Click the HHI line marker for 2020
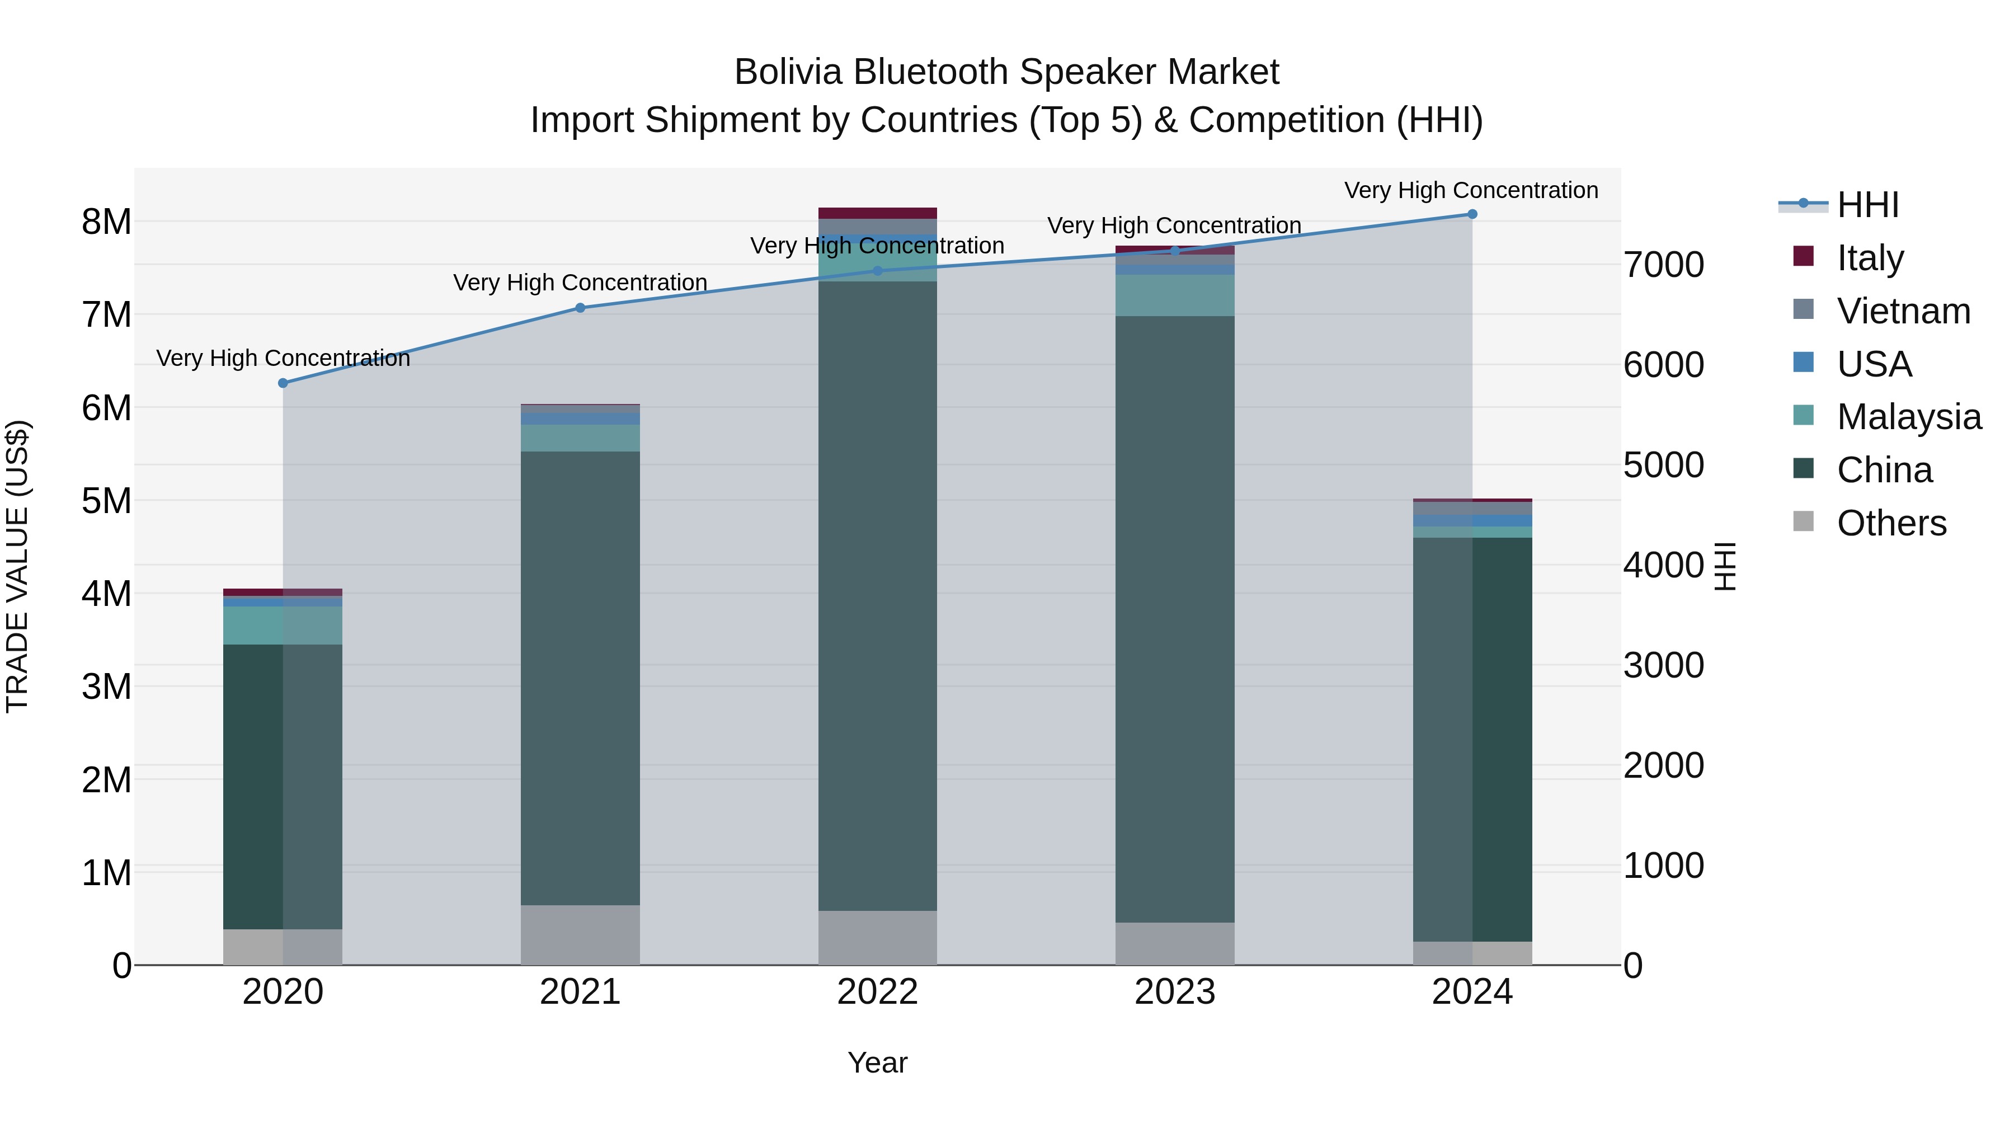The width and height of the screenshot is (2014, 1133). (x=283, y=383)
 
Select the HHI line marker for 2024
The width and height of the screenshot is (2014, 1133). (x=1472, y=214)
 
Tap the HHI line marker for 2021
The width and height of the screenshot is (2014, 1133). (x=580, y=308)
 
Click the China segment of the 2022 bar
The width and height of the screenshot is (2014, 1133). (x=877, y=594)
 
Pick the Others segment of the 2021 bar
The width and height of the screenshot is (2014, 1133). (x=580, y=934)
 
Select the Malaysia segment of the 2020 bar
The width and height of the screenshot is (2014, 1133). (x=283, y=625)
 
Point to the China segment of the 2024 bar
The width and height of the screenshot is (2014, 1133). (x=1472, y=739)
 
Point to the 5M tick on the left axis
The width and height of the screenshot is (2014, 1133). (x=106, y=501)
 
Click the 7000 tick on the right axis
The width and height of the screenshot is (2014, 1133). (x=1664, y=265)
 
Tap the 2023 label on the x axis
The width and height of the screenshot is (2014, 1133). (x=1174, y=992)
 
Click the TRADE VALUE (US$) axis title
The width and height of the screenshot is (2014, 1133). (x=18, y=566)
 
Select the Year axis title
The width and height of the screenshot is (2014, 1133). (x=877, y=1063)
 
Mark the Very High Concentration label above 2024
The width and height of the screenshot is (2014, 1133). (x=1471, y=190)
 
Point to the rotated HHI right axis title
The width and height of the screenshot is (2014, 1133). (x=1725, y=566)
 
